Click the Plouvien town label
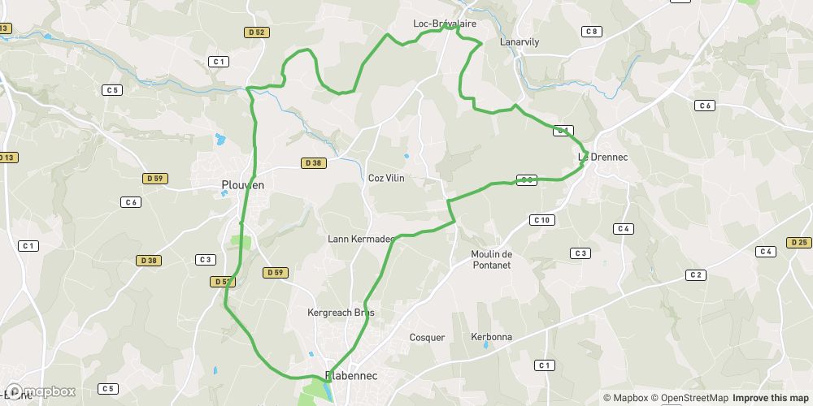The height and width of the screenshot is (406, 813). coord(243,185)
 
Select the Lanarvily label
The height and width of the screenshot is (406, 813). coord(520,41)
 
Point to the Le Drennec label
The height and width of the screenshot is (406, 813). coord(599,156)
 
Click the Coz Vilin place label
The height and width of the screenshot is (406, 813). coord(386,178)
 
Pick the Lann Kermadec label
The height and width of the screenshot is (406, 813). coord(360,239)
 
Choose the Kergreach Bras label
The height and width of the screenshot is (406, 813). coord(341,313)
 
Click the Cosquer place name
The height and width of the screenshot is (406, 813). coord(427,337)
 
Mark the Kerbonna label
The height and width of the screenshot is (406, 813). coord(491,337)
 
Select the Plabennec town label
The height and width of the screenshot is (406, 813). coord(351,376)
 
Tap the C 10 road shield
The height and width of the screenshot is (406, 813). coord(541,220)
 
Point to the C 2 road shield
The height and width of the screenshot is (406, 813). coord(695,275)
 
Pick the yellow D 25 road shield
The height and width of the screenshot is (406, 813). coord(798,242)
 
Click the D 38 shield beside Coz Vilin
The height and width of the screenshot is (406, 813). coord(313,163)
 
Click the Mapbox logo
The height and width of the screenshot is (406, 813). coord(38,391)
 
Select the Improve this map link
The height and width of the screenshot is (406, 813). coord(772,398)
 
